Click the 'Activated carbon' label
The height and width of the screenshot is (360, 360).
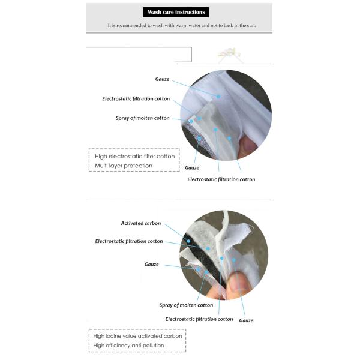pyautogui.click(x=141, y=223)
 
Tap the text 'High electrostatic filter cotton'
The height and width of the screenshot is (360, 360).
pyautogui.click(x=135, y=156)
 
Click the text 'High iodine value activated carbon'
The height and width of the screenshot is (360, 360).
pyautogui.click(x=137, y=336)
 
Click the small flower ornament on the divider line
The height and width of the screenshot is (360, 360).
pyautogui.click(x=229, y=54)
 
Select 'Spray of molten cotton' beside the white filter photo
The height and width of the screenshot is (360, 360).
pyautogui.click(x=142, y=118)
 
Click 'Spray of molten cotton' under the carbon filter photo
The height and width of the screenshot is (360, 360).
pyautogui.click(x=186, y=305)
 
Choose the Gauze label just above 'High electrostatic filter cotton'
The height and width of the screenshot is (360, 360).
pyautogui.click(x=191, y=168)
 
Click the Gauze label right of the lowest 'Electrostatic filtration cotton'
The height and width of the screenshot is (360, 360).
pyautogui.click(x=246, y=320)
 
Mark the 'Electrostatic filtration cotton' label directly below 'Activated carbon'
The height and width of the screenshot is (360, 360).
pyautogui.click(x=129, y=241)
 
